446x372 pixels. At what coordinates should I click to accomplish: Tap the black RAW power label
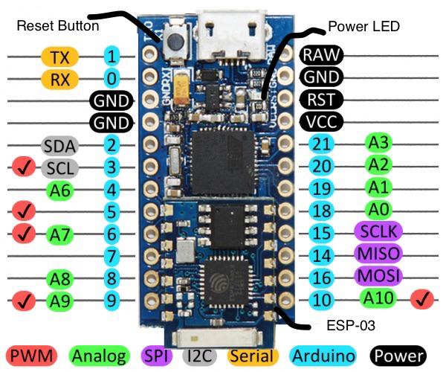click(321, 54)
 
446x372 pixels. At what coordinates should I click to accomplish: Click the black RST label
click(321, 98)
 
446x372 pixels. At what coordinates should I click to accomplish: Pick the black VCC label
click(321, 121)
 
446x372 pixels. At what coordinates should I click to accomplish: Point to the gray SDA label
click(59, 144)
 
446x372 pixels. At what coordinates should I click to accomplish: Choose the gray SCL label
click(59, 167)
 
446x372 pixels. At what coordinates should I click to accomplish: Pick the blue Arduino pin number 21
click(321, 144)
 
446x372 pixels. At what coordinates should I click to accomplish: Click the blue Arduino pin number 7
click(111, 257)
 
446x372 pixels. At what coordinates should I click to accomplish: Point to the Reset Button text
click(57, 25)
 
